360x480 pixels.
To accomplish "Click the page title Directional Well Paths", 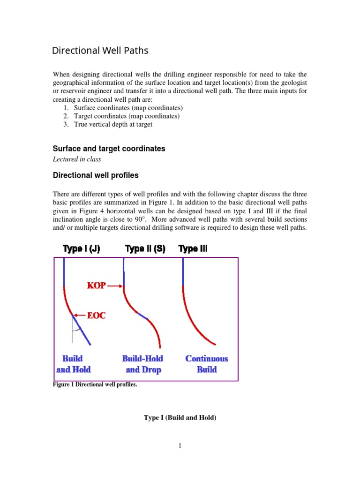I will click(x=100, y=51).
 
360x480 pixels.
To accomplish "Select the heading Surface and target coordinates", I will click(x=109, y=149).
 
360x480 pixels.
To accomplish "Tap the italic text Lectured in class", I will click(x=77, y=159).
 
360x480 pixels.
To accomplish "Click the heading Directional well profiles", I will click(x=96, y=175).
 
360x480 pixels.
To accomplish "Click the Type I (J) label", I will click(x=81, y=249).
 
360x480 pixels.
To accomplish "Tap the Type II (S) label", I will click(x=145, y=249).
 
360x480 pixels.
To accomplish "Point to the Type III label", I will click(x=193, y=249).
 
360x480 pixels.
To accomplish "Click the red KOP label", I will click(x=97, y=285).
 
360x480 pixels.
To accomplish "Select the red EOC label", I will click(x=96, y=315).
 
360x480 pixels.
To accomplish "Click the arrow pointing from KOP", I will click(x=115, y=286).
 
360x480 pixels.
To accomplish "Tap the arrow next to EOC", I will click(x=79, y=315).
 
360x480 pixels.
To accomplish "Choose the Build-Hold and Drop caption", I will click(x=143, y=364).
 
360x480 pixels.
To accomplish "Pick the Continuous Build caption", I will click(x=207, y=364).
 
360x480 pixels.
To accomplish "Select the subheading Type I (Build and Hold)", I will click(x=180, y=417).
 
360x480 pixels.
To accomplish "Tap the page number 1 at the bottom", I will click(x=180, y=446).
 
